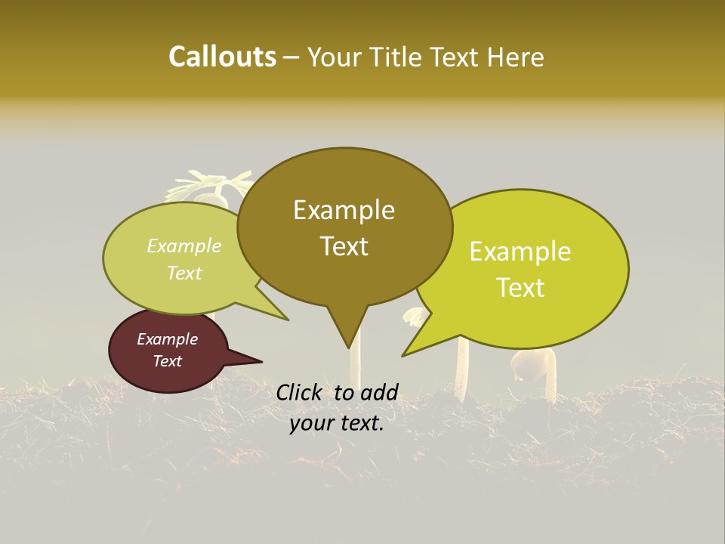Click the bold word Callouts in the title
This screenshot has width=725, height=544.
point(222,57)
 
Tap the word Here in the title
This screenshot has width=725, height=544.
point(517,57)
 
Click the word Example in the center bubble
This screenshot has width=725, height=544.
point(344,210)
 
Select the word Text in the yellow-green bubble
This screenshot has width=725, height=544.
point(521,288)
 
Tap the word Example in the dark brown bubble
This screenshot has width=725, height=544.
point(168,339)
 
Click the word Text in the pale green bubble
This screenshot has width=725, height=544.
point(184,273)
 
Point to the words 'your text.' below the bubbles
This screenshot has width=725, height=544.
point(337,424)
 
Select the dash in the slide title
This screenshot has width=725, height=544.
point(292,57)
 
